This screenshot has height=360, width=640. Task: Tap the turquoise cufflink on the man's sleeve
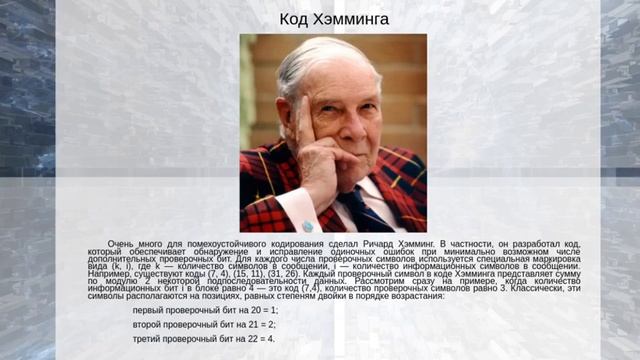pyautogui.click(x=308, y=226)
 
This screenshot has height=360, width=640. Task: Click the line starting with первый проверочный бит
pyautogui.click(x=204, y=311)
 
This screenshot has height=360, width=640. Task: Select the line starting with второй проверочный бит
pyautogui.click(x=204, y=325)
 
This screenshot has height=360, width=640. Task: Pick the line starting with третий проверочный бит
pyautogui.click(x=204, y=339)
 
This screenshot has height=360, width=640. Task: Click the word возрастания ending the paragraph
pyautogui.click(x=411, y=296)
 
